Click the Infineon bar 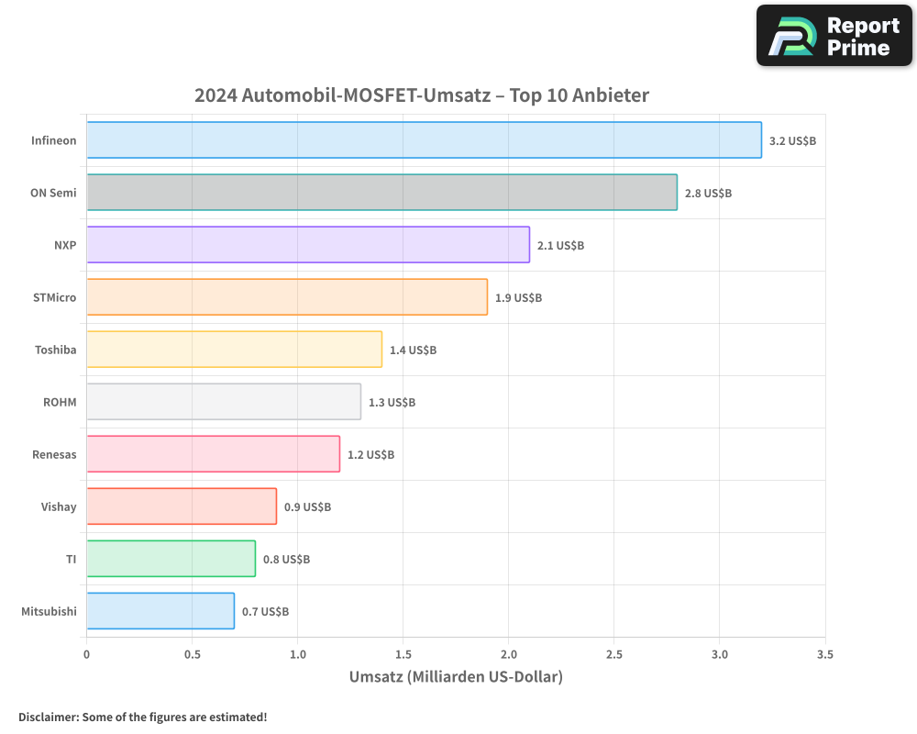[x=424, y=140]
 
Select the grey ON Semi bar [x=381, y=193]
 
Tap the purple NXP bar [x=308, y=245]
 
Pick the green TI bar [x=171, y=559]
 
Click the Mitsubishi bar [x=160, y=611]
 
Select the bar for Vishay [x=182, y=506]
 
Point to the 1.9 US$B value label [x=518, y=298]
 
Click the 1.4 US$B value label [x=413, y=350]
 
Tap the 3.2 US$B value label [x=792, y=141]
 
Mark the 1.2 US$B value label [x=370, y=455]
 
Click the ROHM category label [x=60, y=402]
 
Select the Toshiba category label [x=55, y=350]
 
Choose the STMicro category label [x=54, y=297]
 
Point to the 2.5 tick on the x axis [x=614, y=655]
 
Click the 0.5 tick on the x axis [x=192, y=655]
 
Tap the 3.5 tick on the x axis [x=825, y=655]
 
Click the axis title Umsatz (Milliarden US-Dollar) [x=456, y=677]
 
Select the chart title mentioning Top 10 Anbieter [x=421, y=95]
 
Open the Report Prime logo [x=834, y=36]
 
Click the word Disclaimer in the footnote [x=48, y=717]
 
